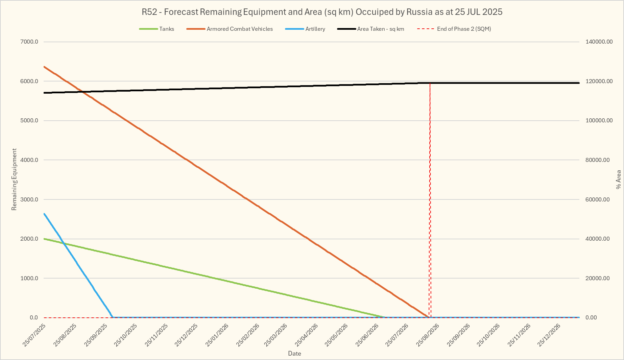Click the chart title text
click(322, 12)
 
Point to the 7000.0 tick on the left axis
click(29, 42)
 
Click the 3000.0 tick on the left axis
click(29, 199)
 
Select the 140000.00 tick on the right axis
click(599, 42)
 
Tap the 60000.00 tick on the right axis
click(597, 199)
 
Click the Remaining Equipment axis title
click(14, 179)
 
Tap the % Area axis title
click(618, 179)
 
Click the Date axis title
click(294, 354)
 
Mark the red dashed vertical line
click(430, 203)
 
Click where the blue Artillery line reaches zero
click(112, 317)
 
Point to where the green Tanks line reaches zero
click(384, 317)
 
